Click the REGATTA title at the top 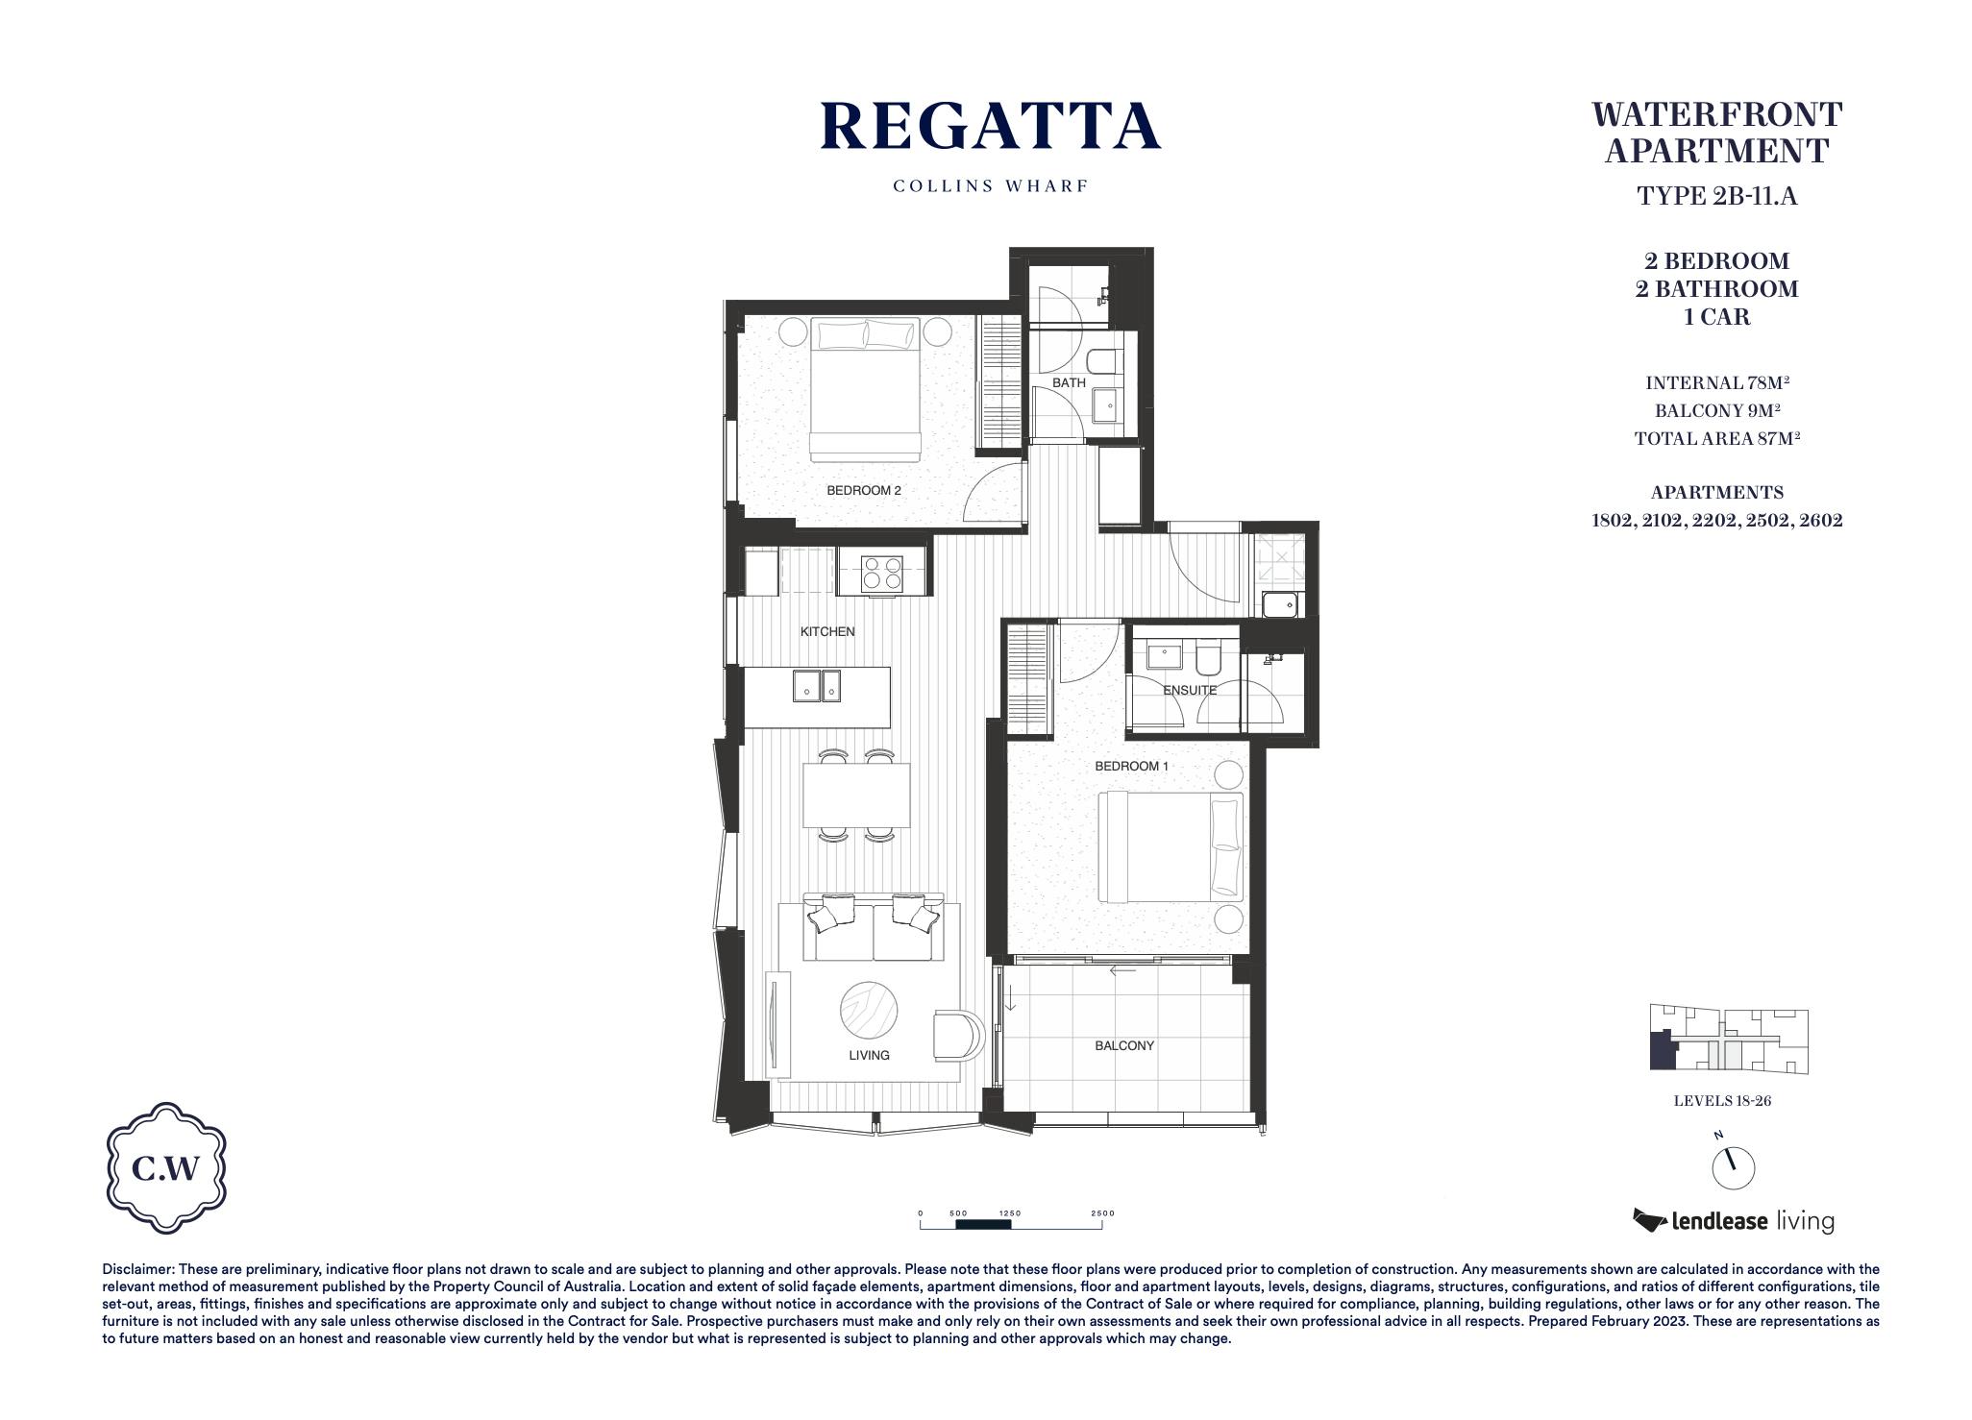tap(991, 126)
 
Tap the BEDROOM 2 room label tap(864, 490)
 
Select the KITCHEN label tap(827, 631)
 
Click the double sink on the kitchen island tap(818, 686)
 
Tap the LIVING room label tap(869, 1055)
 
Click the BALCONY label tap(1124, 1045)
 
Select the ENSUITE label tap(1190, 690)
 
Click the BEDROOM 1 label tap(1132, 766)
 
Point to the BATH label tap(1069, 382)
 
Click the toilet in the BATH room tap(1104, 362)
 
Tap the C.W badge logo tap(165, 1168)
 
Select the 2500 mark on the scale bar tap(1102, 1213)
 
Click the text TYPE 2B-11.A tap(1717, 196)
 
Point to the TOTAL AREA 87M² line tap(1717, 438)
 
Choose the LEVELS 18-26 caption tap(1722, 1101)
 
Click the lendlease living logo tap(1733, 1221)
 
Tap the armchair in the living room tap(958, 1035)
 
